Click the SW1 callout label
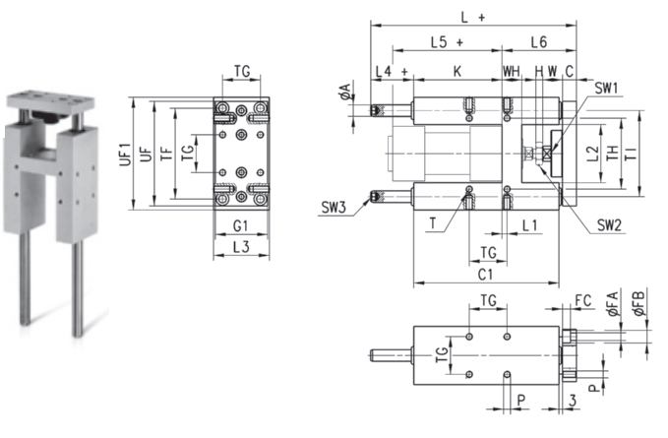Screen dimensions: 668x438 (x=606, y=89)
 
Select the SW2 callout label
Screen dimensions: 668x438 (x=609, y=225)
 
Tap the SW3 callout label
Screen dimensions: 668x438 (x=334, y=208)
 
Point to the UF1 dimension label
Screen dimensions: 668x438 (x=125, y=154)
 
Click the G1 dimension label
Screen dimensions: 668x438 (x=240, y=225)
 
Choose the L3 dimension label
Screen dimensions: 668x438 (x=241, y=247)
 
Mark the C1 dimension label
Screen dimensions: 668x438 (x=485, y=275)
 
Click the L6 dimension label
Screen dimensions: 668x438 (x=539, y=42)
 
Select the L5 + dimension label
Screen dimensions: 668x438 (x=447, y=42)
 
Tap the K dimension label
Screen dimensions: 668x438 (x=457, y=71)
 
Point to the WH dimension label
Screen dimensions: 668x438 (x=512, y=71)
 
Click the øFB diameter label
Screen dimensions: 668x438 (x=639, y=303)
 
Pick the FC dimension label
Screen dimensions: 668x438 (x=583, y=301)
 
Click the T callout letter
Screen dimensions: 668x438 (x=433, y=222)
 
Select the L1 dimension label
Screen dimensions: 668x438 (x=529, y=225)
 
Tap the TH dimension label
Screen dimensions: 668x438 (x=612, y=153)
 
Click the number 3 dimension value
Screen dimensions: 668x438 (x=573, y=400)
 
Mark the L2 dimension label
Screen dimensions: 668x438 (x=592, y=154)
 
